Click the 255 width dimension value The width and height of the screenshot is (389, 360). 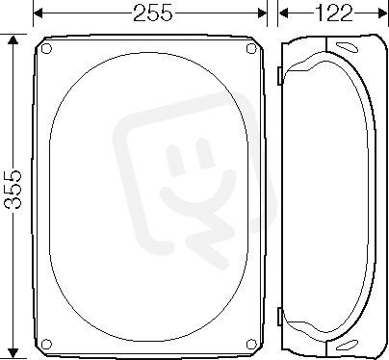(x=153, y=13)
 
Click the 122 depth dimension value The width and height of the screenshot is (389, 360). (x=333, y=13)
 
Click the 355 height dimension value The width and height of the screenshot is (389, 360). (x=13, y=190)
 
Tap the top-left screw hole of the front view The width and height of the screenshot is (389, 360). (x=46, y=49)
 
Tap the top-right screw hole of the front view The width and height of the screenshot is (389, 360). (x=251, y=48)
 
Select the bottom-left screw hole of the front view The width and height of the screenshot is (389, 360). (x=47, y=344)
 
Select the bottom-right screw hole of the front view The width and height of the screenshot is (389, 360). (x=251, y=344)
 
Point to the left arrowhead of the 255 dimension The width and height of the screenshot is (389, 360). (x=38, y=13)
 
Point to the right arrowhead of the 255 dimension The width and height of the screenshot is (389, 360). (x=263, y=13)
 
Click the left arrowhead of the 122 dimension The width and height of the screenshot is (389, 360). (x=283, y=13)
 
